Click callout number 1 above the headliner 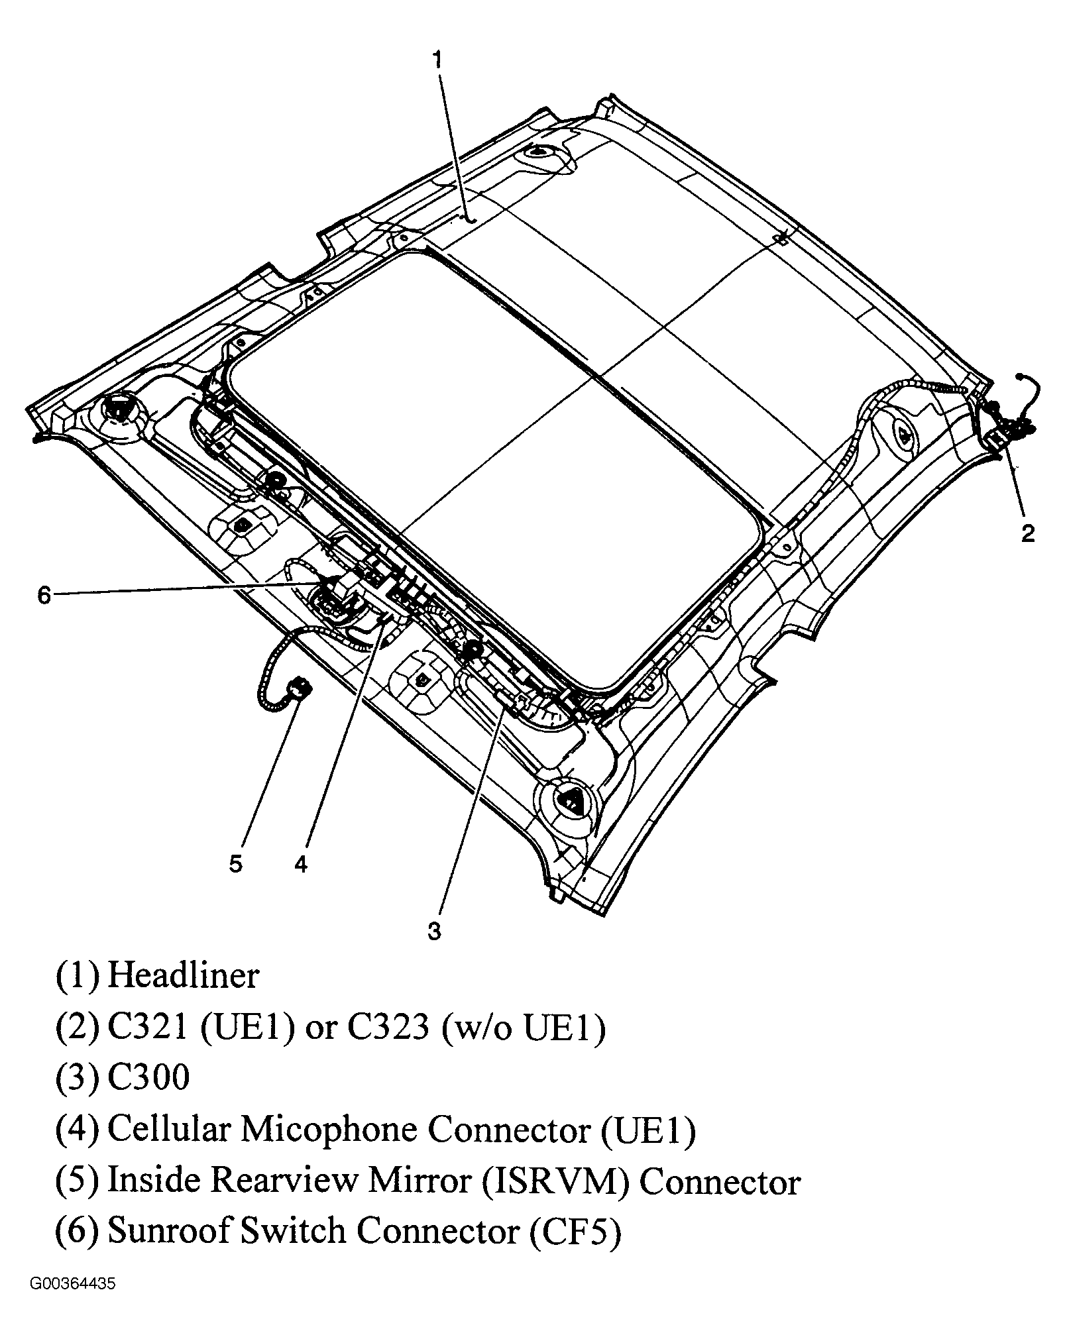pyautogui.click(x=436, y=60)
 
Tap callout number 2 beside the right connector pyautogui.click(x=1027, y=533)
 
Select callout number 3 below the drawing pyautogui.click(x=434, y=932)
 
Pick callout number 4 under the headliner pyautogui.click(x=302, y=864)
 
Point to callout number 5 pyautogui.click(x=236, y=864)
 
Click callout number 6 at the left pyautogui.click(x=44, y=596)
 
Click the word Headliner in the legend pyautogui.click(x=183, y=976)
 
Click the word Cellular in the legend pyautogui.click(x=169, y=1128)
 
